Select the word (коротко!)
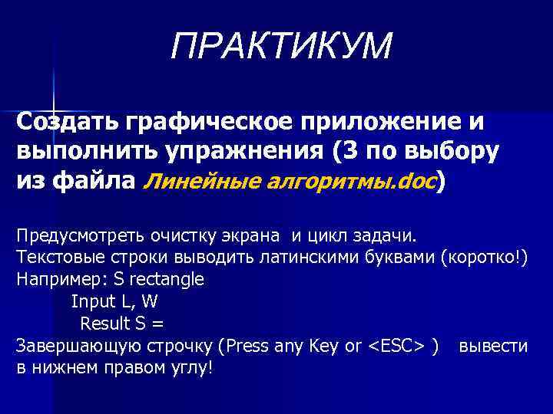485,256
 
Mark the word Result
106,323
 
